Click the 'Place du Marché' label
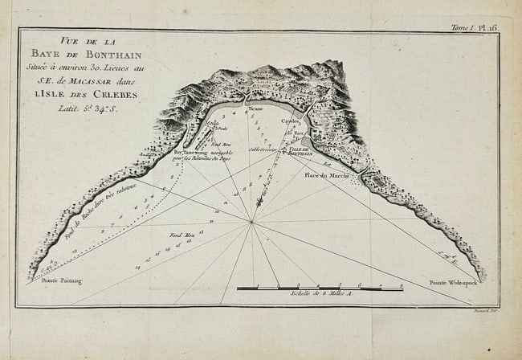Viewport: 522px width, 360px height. pyautogui.click(x=326, y=174)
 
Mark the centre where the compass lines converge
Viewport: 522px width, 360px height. pyautogui.click(x=252, y=223)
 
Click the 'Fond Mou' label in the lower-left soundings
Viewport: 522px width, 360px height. pyautogui.click(x=181, y=234)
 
